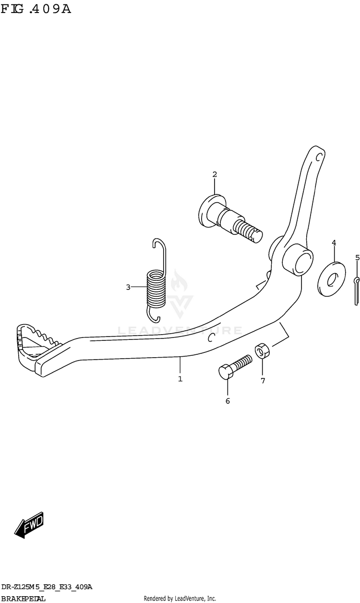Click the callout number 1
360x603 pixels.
pos(180,379)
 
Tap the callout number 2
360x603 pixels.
pos(215,174)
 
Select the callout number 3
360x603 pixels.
pos(128,287)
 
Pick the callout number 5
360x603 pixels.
pos(357,258)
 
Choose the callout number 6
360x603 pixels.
pos(228,401)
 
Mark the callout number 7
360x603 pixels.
pos(263,381)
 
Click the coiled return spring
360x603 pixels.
pos(156,288)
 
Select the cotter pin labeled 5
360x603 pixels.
pos(357,290)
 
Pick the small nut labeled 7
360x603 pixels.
pos(262,351)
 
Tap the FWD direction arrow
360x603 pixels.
pos(29,525)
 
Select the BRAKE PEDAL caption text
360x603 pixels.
pos(24,599)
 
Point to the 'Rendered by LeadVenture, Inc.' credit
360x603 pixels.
pos(180,599)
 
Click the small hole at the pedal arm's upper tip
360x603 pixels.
pos(318,157)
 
